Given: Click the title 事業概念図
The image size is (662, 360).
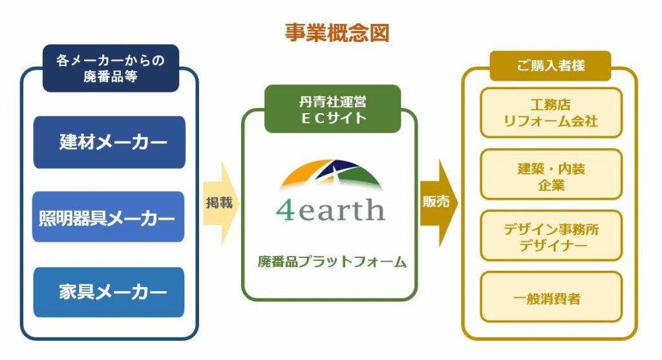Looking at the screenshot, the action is (337, 33).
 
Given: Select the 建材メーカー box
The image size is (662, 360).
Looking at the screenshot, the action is (109, 142).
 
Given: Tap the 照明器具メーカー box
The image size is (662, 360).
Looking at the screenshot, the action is (108, 217).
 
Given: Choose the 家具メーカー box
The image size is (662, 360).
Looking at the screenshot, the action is (109, 292).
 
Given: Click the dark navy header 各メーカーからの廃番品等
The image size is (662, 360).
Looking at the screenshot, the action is (111, 69).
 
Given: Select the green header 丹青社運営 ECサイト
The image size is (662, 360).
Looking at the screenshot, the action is (333, 109).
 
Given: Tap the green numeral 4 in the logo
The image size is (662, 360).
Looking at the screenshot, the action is (285, 210).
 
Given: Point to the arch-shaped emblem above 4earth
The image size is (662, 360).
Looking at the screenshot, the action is (331, 175).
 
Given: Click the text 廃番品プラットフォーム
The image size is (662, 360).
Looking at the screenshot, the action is (332, 262).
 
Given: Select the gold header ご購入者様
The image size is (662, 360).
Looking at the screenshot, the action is (551, 66).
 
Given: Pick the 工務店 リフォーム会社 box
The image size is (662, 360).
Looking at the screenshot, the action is (551, 112).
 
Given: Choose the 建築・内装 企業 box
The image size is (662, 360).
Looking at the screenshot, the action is (551, 174).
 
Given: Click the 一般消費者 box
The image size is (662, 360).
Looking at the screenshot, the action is (551, 297).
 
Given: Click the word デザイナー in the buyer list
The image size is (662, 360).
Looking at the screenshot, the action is (553, 245).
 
